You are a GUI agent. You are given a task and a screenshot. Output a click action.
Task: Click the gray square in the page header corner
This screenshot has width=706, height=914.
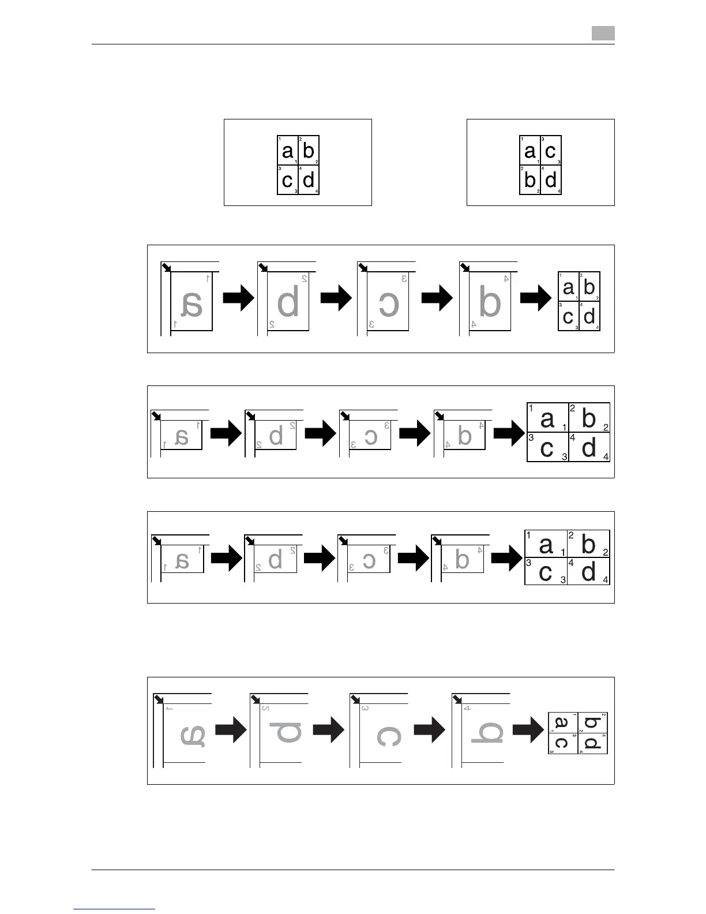click(603, 33)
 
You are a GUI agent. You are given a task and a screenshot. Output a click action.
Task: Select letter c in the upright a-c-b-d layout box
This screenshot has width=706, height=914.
click(550, 151)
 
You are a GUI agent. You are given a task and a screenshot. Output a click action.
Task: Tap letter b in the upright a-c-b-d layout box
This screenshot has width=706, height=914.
click(529, 180)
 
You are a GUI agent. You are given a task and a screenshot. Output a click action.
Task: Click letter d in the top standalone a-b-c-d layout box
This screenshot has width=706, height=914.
click(309, 180)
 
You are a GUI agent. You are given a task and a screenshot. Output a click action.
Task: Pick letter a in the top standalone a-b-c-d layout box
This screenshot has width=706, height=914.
click(287, 151)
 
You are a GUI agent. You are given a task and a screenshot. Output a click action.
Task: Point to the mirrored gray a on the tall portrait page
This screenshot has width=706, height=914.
click(192, 305)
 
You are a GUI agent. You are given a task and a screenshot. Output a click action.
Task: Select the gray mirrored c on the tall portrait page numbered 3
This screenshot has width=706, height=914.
click(388, 305)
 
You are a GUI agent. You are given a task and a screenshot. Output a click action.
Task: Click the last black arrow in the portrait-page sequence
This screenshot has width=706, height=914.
click(536, 299)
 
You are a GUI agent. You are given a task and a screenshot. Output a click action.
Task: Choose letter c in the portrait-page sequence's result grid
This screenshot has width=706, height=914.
click(568, 317)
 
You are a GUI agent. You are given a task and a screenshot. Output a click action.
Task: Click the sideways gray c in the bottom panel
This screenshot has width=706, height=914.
click(388, 736)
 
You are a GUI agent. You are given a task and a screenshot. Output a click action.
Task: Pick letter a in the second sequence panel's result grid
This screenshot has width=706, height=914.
click(547, 419)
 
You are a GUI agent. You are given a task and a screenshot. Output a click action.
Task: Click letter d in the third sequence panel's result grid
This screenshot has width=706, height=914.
click(588, 572)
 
